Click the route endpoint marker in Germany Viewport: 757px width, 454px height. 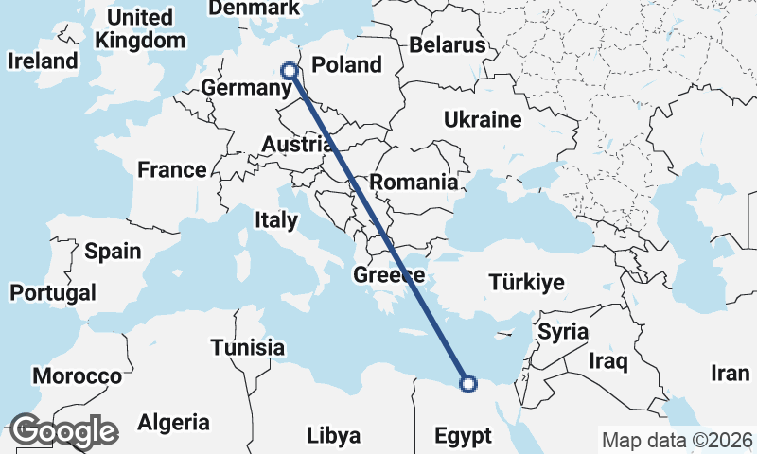(x=290, y=70)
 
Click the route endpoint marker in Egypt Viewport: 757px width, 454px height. (x=467, y=383)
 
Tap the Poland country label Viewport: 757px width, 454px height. (x=346, y=65)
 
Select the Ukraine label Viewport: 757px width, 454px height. (x=483, y=120)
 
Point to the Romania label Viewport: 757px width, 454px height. (x=414, y=183)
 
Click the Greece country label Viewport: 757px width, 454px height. (x=388, y=275)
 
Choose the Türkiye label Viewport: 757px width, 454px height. (x=526, y=282)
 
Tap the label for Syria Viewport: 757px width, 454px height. (x=563, y=333)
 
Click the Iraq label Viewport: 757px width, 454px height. (x=608, y=361)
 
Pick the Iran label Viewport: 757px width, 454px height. (x=730, y=374)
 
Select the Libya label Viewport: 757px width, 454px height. (x=333, y=436)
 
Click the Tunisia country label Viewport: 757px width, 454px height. (x=248, y=347)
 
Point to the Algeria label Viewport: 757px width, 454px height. (x=173, y=422)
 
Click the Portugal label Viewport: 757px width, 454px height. (x=52, y=292)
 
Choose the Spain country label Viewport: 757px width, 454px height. (x=113, y=252)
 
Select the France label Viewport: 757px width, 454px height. (x=171, y=170)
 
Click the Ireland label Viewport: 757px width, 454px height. (x=43, y=61)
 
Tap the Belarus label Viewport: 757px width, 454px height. (x=448, y=44)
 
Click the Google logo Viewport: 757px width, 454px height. (x=63, y=431)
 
